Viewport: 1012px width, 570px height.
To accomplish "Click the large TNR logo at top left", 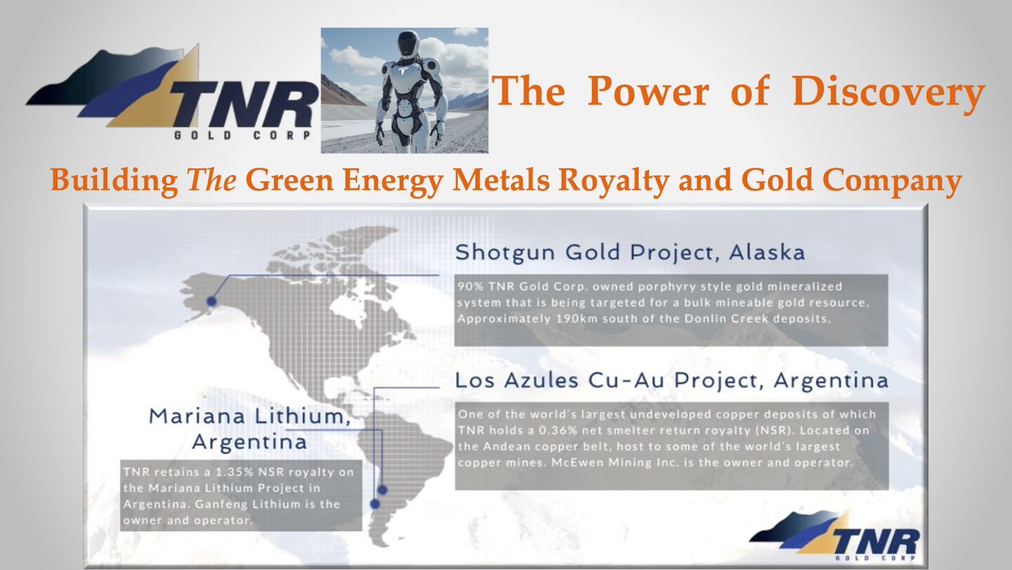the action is coord(172,93).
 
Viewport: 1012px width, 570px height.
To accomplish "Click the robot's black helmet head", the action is coord(408,44).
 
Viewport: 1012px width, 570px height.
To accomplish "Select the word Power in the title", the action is coord(648,91).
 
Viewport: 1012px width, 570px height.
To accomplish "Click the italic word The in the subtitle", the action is coord(212,180).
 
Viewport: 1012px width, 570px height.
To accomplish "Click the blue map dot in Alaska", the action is coord(212,301).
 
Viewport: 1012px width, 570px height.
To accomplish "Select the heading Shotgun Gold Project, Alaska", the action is coord(630,252).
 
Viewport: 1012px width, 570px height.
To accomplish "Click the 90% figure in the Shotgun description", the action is coord(470,286).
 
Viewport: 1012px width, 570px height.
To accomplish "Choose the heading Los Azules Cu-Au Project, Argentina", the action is coord(671,381).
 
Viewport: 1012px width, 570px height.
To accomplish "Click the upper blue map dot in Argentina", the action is coord(382,490).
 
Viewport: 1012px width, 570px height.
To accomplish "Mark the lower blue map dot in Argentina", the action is coord(374,504).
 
